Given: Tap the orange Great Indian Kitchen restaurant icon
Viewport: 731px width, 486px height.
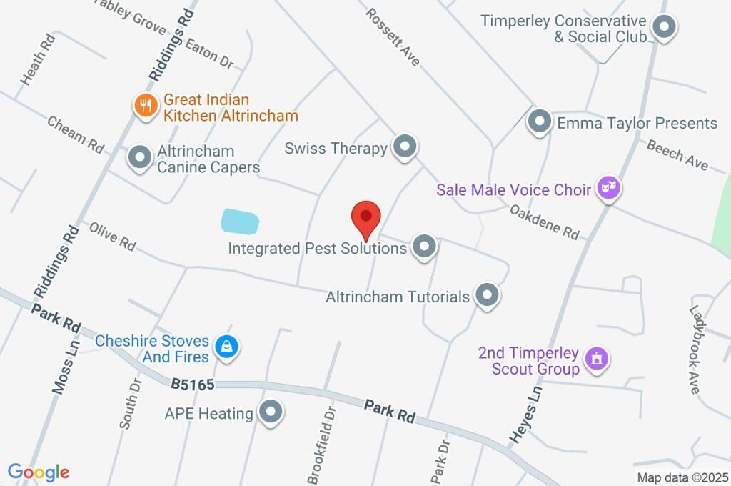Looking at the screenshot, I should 146,106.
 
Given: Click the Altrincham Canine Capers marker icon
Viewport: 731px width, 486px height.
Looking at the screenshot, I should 138,157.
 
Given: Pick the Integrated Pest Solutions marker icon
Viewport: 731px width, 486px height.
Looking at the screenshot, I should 425,247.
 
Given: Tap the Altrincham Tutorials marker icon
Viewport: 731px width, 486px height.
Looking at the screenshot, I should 488,294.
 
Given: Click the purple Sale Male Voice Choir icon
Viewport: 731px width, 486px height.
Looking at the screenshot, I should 608,189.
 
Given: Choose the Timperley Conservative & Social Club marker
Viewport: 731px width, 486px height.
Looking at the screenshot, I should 665,29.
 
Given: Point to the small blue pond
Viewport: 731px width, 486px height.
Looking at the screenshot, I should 238,221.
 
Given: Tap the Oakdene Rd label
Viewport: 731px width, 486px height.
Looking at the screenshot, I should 544,222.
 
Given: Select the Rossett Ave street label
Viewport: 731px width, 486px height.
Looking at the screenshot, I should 393,37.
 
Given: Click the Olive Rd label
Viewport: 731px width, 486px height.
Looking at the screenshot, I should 112,236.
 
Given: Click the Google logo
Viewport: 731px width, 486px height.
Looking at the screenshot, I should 39,472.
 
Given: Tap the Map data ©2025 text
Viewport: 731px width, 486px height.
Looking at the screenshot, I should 682,477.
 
